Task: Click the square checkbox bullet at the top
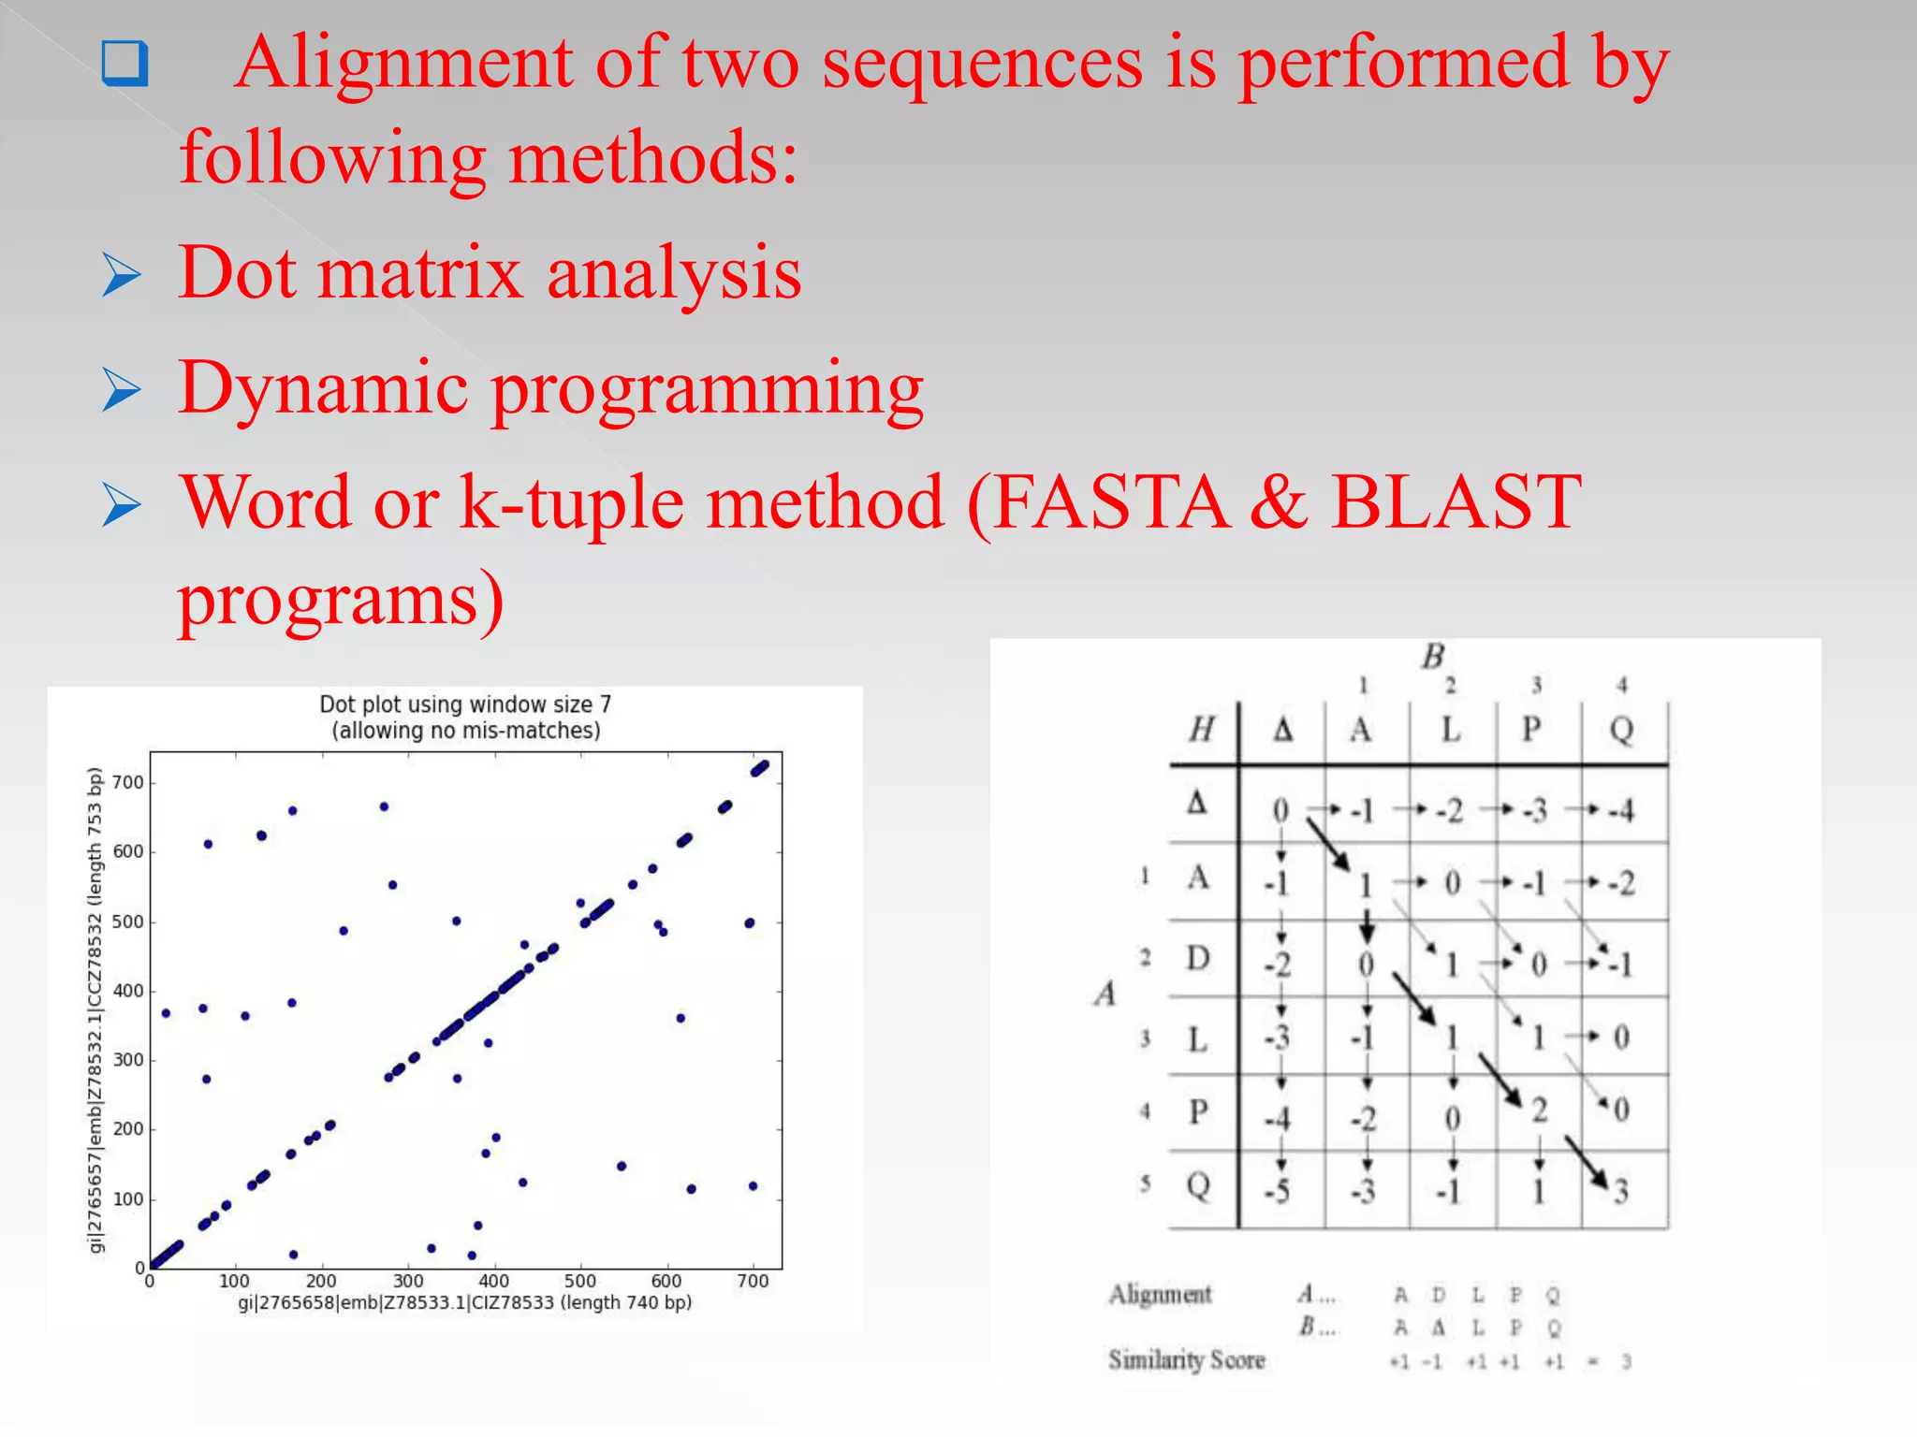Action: click(124, 64)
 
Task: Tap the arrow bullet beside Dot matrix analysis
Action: click(122, 275)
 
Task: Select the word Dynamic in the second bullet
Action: click(323, 388)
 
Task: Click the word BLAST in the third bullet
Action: click(1456, 503)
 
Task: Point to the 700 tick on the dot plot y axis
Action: click(128, 782)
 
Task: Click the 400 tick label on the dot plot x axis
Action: click(493, 1281)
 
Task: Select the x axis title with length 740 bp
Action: click(464, 1302)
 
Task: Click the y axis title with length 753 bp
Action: click(95, 1009)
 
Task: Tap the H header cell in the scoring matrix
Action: click(1202, 729)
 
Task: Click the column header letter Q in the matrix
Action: click(1621, 729)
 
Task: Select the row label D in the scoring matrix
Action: click(1198, 958)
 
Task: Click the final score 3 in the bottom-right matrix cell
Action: click(1621, 1191)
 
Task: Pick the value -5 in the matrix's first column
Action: click(1277, 1191)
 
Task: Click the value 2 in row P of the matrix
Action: click(1539, 1110)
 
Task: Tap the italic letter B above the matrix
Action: click(1432, 657)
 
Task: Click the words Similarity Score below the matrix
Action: click(1186, 1359)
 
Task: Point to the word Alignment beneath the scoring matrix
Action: click(1160, 1294)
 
